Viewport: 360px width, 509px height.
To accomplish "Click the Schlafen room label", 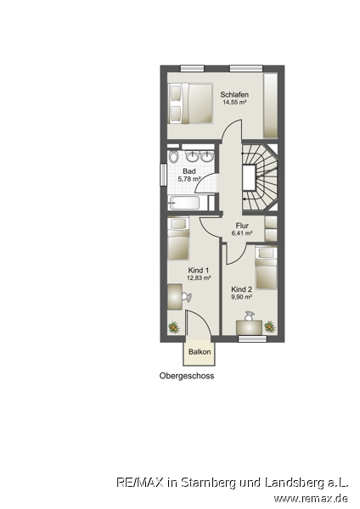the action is pos(234,94).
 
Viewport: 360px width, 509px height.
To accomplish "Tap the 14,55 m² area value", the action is pos(234,102).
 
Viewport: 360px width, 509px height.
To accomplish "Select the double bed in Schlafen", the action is pos(190,103).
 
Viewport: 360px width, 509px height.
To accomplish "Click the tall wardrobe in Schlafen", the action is pos(270,106).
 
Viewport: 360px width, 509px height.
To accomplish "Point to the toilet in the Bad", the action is pos(174,157).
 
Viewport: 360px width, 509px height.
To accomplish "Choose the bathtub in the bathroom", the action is pos(184,203).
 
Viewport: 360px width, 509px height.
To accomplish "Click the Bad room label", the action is pos(189,171).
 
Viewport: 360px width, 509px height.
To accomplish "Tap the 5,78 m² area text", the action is pos(188,178).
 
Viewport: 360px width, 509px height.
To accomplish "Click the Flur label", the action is pos(242,226).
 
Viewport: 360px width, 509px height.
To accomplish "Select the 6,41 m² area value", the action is pos(242,232).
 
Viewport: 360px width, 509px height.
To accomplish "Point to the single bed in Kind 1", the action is pos(178,238).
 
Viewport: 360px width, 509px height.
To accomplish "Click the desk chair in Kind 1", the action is pos(187,297).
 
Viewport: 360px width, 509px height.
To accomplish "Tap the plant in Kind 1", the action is pos(174,327).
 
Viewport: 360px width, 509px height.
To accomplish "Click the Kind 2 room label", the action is pos(241,289).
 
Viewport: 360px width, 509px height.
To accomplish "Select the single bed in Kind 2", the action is pos(266,268).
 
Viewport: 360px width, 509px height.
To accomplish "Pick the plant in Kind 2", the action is pos(270,327).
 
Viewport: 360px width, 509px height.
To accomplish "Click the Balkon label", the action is pos(200,351).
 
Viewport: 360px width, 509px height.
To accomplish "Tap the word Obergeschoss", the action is pos(187,376).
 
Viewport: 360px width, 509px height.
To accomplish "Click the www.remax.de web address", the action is pos(311,498).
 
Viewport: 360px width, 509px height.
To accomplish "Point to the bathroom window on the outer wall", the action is pos(163,175).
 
